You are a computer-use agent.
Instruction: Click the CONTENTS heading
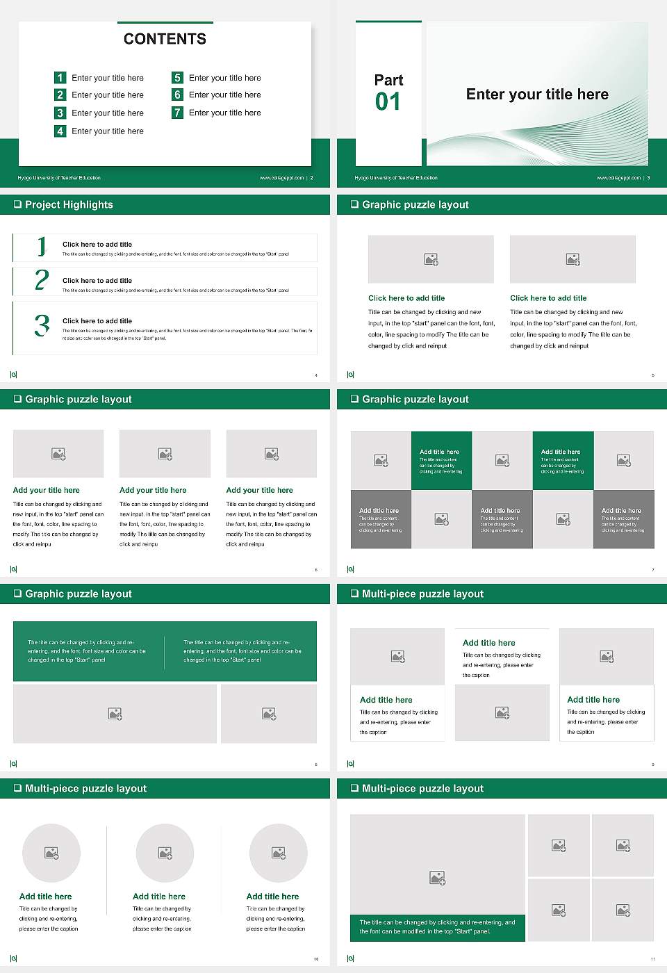(165, 39)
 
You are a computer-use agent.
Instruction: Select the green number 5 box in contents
(177, 78)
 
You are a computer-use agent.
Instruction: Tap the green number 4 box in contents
(60, 131)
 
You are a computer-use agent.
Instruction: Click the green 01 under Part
(388, 102)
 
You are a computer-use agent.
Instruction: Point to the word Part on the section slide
(388, 80)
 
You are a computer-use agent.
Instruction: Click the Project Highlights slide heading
(69, 204)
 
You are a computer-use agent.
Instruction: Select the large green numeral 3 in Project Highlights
(42, 325)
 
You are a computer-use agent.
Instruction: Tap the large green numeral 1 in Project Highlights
(42, 246)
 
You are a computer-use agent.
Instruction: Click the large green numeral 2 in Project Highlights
(42, 280)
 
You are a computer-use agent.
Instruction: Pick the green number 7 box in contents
(177, 113)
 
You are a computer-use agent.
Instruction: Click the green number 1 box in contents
(60, 78)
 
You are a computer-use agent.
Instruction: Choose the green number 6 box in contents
(177, 95)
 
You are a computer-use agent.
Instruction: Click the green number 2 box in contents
(60, 95)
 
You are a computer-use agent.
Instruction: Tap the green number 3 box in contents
(60, 113)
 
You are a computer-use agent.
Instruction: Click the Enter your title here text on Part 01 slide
(537, 95)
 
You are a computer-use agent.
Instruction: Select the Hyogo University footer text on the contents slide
(59, 178)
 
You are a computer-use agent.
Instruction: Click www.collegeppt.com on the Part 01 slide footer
(618, 178)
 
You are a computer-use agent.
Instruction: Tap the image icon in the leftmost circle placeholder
(51, 853)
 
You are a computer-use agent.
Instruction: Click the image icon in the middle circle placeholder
(165, 853)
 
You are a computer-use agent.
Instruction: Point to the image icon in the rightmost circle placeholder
(279, 853)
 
